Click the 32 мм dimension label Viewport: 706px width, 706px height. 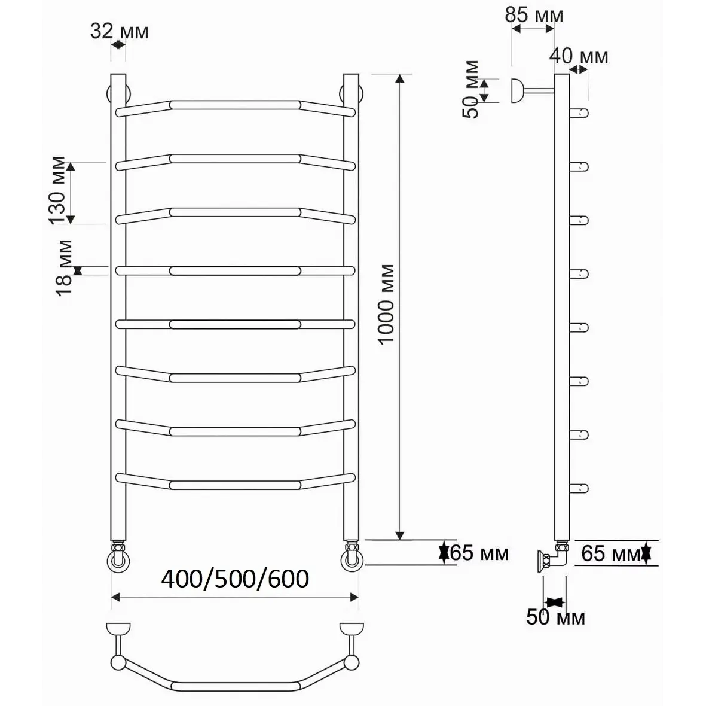pyautogui.click(x=120, y=32)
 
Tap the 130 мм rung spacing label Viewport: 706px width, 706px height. pyautogui.click(x=57, y=190)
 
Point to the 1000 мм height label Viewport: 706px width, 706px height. pyautogui.click(x=386, y=305)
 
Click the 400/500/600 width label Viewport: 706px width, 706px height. pyautogui.click(x=235, y=579)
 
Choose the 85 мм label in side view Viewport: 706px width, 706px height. pyautogui.click(x=534, y=16)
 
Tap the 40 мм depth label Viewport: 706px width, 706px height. pyautogui.click(x=579, y=57)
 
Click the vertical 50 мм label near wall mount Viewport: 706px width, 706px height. pyautogui.click(x=471, y=89)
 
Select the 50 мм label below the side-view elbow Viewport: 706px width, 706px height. pyautogui.click(x=555, y=617)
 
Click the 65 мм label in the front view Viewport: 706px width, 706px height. pyautogui.click(x=479, y=553)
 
